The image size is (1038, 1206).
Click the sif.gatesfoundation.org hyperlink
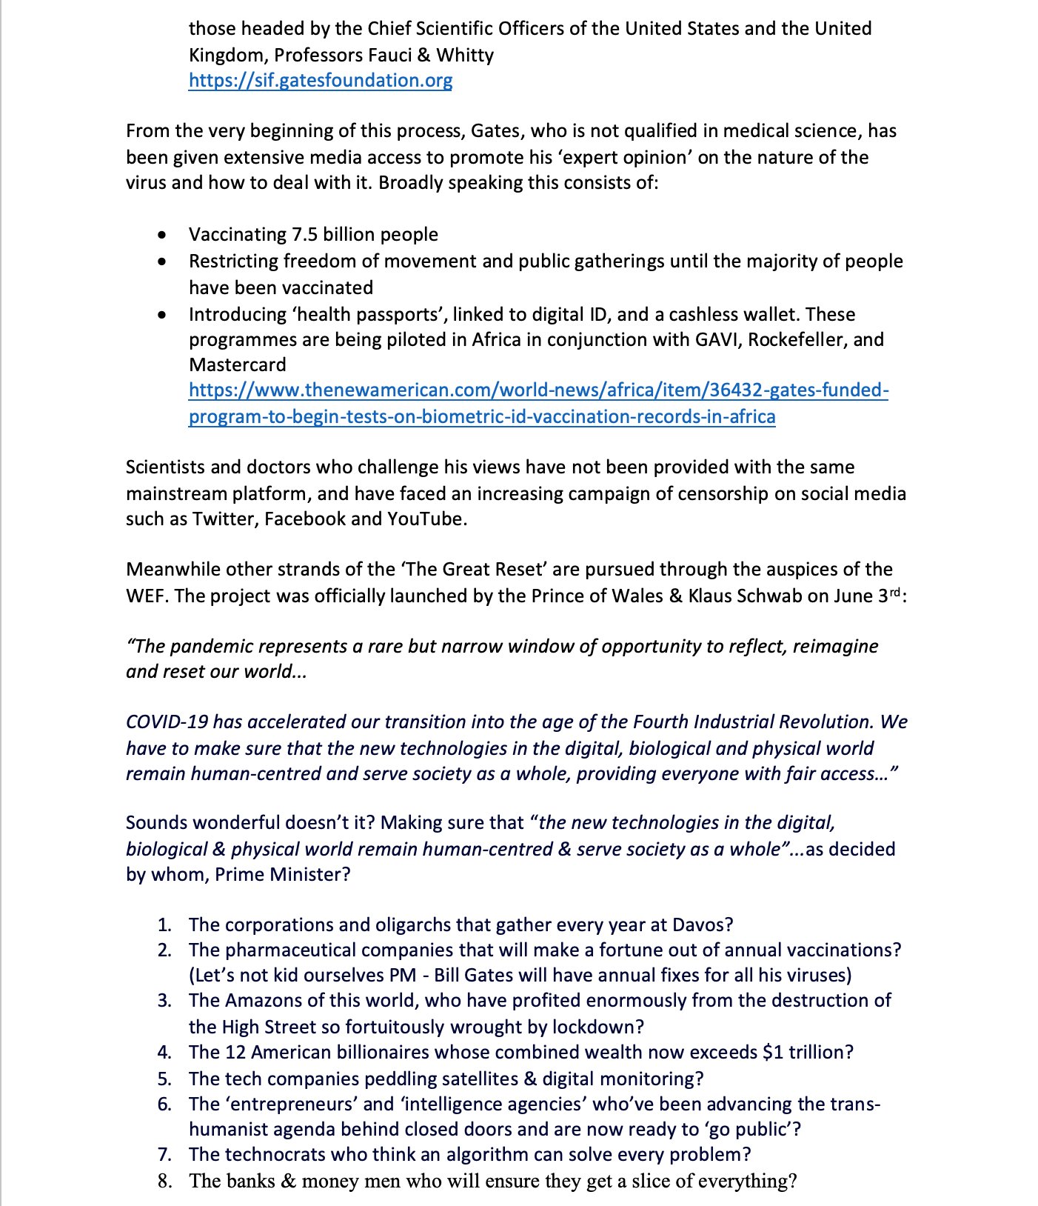[320, 80]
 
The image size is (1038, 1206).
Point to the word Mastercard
[237, 364]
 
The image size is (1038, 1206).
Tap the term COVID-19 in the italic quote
[167, 722]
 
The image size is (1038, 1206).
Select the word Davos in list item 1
[699, 925]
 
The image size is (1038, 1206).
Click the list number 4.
[164, 1052]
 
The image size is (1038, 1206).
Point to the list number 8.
[164, 1181]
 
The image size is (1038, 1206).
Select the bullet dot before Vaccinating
[162, 235]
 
